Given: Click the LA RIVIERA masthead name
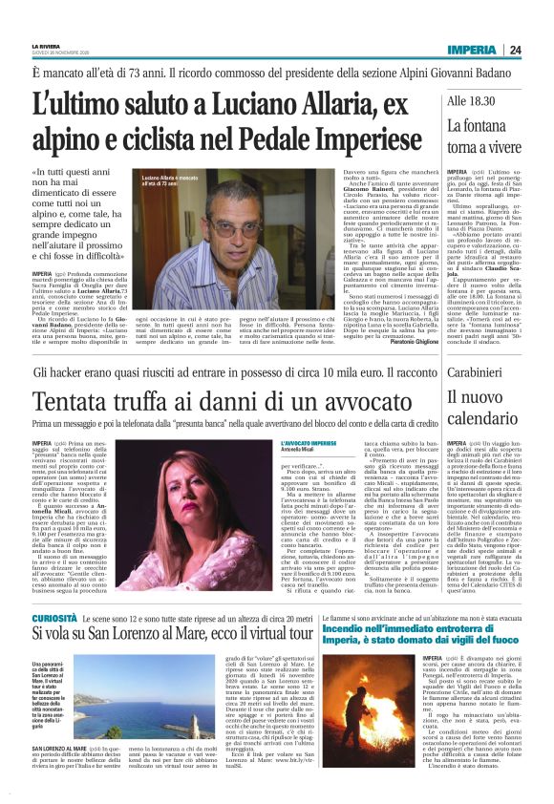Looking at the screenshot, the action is [46, 45].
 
